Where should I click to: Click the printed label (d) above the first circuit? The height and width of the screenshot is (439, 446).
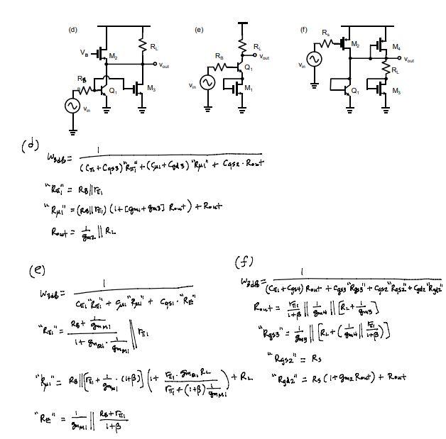click(x=72, y=30)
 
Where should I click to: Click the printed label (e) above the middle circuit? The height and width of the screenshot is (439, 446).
click(x=199, y=30)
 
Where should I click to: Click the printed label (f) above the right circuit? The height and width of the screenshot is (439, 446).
click(x=304, y=30)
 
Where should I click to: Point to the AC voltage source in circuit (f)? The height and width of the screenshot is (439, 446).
click(x=312, y=57)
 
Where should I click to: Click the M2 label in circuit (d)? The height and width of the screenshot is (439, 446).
click(x=114, y=56)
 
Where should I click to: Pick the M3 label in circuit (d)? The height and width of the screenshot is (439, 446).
click(x=151, y=88)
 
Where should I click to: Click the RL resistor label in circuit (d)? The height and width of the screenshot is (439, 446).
click(x=154, y=47)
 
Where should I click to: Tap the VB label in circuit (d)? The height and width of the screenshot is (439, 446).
click(x=85, y=52)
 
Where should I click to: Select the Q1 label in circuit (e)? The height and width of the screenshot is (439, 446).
click(x=248, y=67)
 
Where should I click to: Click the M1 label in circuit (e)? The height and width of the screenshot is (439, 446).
click(x=248, y=88)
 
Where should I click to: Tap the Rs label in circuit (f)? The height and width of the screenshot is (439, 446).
click(x=325, y=33)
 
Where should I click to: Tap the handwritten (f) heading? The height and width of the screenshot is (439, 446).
click(x=245, y=262)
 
